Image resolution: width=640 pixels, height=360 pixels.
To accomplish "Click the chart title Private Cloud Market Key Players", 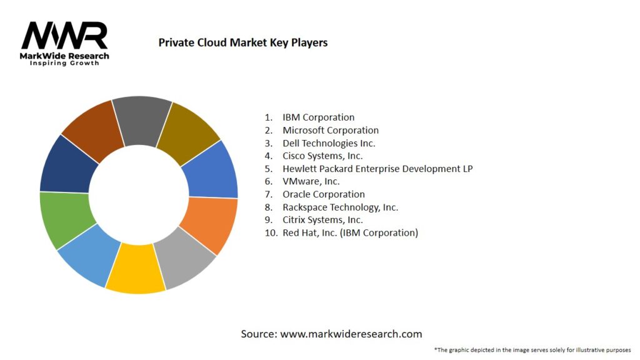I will tap(242, 42).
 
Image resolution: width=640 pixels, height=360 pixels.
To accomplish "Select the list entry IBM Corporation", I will tap(318, 117).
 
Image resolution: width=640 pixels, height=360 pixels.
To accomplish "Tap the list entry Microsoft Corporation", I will tap(330, 131).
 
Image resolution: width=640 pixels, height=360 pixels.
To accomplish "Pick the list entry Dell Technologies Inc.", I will tap(329, 143).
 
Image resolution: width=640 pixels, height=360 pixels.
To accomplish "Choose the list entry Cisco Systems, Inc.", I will tap(322, 156).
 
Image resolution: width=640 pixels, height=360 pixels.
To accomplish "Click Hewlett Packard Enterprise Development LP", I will tap(377, 169).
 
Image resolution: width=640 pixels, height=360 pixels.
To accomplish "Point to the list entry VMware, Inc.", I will tap(311, 181).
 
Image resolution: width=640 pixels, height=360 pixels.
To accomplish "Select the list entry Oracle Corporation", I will tap(323, 194).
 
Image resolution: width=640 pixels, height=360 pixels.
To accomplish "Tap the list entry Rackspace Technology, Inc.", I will tap(340, 207).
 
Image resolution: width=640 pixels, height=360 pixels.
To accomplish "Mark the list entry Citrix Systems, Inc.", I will tap(322, 220).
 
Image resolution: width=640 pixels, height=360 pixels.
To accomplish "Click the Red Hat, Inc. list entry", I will tap(350, 232).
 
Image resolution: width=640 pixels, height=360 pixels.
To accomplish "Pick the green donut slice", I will tap(66, 219).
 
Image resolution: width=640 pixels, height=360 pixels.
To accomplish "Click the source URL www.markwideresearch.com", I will tap(351, 334).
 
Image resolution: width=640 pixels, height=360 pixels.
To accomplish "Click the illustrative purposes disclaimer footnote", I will tap(532, 349).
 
